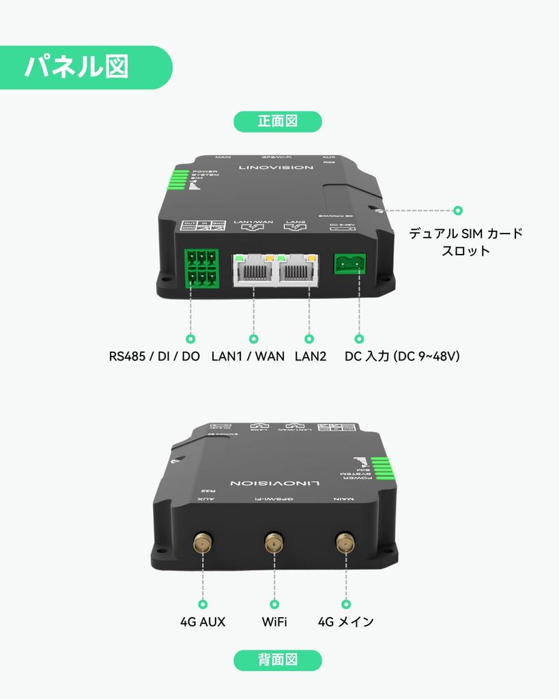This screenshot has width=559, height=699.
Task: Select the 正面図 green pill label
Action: pyautogui.click(x=278, y=122)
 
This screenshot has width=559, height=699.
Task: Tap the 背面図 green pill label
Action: pyautogui.click(x=278, y=660)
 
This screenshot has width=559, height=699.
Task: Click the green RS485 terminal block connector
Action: pyautogui.click(x=201, y=268)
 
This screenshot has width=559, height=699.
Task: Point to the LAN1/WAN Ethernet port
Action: pyautogui.click(x=254, y=269)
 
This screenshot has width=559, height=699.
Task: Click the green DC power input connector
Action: pyautogui.click(x=349, y=263)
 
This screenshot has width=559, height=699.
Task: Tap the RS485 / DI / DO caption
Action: pyautogui.click(x=154, y=356)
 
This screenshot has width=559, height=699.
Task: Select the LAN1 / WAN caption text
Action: pyautogui.click(x=248, y=356)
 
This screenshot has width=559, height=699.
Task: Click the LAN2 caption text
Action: pyautogui.click(x=311, y=356)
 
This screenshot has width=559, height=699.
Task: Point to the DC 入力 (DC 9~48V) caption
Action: pyautogui.click(x=402, y=356)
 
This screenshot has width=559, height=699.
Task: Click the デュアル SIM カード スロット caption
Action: pyautogui.click(x=465, y=242)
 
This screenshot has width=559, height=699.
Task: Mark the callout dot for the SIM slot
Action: pyautogui.click(x=458, y=211)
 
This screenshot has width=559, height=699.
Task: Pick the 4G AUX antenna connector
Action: pyautogui.click(x=202, y=543)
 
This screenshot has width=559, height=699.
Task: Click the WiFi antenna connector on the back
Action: pyautogui.click(x=274, y=543)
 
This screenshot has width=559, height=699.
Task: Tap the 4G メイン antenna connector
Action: pyautogui.click(x=345, y=543)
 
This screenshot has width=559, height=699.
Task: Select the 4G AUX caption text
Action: pyautogui.click(x=203, y=622)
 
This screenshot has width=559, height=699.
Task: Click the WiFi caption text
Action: pyautogui.click(x=274, y=622)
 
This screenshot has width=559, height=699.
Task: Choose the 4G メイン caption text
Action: pyautogui.click(x=346, y=622)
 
